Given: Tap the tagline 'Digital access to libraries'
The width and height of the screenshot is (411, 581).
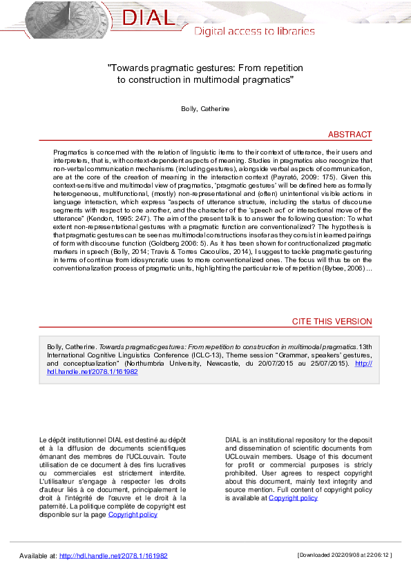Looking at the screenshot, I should point(254,31).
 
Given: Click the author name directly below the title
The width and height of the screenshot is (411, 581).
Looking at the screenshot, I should point(205,109).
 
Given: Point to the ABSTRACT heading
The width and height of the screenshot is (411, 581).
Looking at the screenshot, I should point(350,135).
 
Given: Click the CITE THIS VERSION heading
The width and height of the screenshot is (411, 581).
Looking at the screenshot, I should point(332,322).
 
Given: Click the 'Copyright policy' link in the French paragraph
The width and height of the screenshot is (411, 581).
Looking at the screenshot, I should point(133,514).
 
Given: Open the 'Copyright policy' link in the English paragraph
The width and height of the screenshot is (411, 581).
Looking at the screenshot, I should point(293,498).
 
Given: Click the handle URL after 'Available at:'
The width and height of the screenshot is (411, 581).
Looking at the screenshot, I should point(113,555).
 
